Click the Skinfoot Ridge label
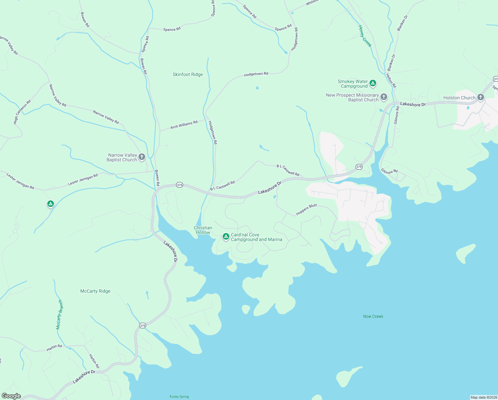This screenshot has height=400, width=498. coord(188,74)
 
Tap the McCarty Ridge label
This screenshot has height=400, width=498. coord(95,291)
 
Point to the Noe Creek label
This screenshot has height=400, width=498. coord(373,316)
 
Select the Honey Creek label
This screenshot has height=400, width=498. coord(365,36)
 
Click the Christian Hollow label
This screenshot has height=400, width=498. coord(203,230)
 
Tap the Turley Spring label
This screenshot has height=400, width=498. coord(179,397)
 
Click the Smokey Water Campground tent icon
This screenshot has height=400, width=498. coord(373,83)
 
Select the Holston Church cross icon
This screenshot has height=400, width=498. coord(480,97)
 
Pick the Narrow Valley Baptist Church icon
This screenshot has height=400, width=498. coord(142,157)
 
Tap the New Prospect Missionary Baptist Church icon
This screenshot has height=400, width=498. coord(384,97)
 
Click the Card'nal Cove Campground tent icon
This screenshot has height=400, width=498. coord(226,236)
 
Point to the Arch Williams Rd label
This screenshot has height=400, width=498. coord(184,125)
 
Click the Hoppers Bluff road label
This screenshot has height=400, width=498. coord(307,210)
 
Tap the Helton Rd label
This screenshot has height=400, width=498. coord(391,80)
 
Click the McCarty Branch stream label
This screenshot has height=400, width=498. coord(59,315)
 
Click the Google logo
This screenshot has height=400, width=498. coord(11,396)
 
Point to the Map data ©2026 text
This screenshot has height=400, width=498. coord(483,397)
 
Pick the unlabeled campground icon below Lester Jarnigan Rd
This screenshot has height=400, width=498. coord(50,203)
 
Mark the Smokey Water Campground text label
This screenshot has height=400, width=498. coord(353,84)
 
